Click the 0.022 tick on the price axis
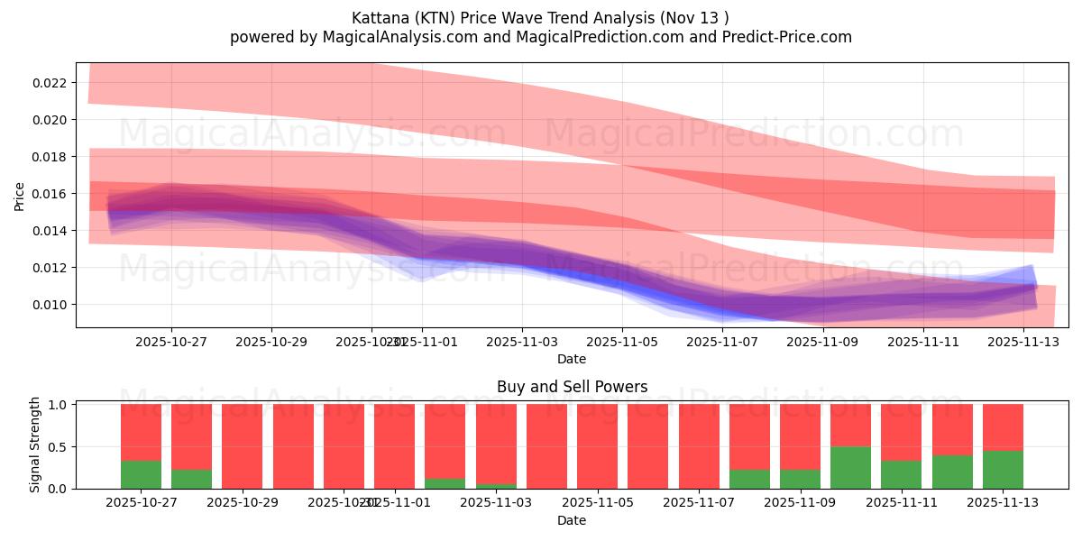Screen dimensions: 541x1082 [x=50, y=83]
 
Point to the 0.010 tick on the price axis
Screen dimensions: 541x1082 [x=50, y=305]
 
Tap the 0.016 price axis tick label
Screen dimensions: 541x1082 [x=50, y=194]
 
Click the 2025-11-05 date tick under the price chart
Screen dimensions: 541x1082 [x=621, y=342]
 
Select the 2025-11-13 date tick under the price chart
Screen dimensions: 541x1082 [x=1022, y=342]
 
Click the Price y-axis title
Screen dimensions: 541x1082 [x=20, y=195]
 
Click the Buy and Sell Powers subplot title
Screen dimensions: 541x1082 [x=572, y=387]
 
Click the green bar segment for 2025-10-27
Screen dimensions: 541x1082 [x=141, y=474]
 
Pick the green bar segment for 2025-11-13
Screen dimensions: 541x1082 [x=1003, y=469]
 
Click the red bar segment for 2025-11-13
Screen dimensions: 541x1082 [x=1003, y=426]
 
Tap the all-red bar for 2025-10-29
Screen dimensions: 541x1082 [x=242, y=446]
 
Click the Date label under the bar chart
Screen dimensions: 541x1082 [x=572, y=520]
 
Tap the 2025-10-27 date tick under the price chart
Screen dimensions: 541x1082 [x=171, y=342]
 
